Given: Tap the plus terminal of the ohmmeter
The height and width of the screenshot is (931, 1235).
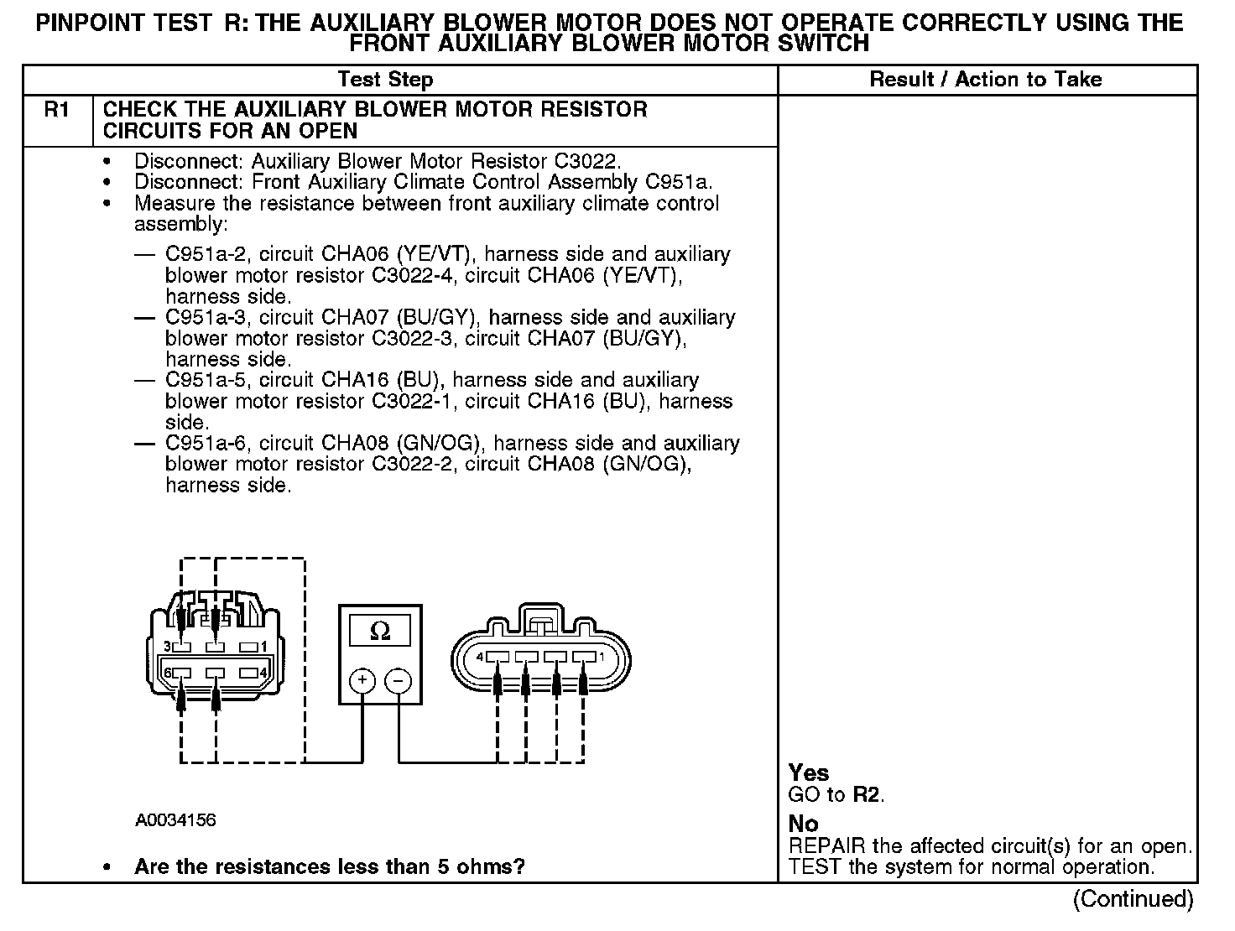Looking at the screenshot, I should coord(362,680).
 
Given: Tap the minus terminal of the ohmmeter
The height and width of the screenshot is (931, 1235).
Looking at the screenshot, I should coord(399,680).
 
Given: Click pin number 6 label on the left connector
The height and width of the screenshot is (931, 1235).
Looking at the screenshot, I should coord(168,673).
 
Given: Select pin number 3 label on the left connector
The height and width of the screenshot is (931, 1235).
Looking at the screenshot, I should coord(168,647).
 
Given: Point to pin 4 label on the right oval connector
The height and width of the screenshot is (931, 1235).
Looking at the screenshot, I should coord(480,657).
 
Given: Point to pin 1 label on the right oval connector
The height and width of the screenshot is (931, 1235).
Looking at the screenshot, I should coord(601,657).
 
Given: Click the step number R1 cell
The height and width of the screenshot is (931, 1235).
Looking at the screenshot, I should coord(56,110).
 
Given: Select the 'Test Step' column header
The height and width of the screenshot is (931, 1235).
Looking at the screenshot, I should coord(385,80).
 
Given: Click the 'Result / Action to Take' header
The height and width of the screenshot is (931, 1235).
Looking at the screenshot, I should coord(986,80).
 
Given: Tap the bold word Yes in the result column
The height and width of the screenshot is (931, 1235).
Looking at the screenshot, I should coord(809,772).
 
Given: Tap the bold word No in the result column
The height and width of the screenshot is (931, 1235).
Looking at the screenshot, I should coord(803,824).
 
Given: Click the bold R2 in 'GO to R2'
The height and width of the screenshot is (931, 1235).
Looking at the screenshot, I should coord(868,794).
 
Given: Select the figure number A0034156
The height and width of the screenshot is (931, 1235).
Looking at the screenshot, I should coord(175,819).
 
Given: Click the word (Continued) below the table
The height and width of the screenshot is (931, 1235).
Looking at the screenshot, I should coord(1133,899).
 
